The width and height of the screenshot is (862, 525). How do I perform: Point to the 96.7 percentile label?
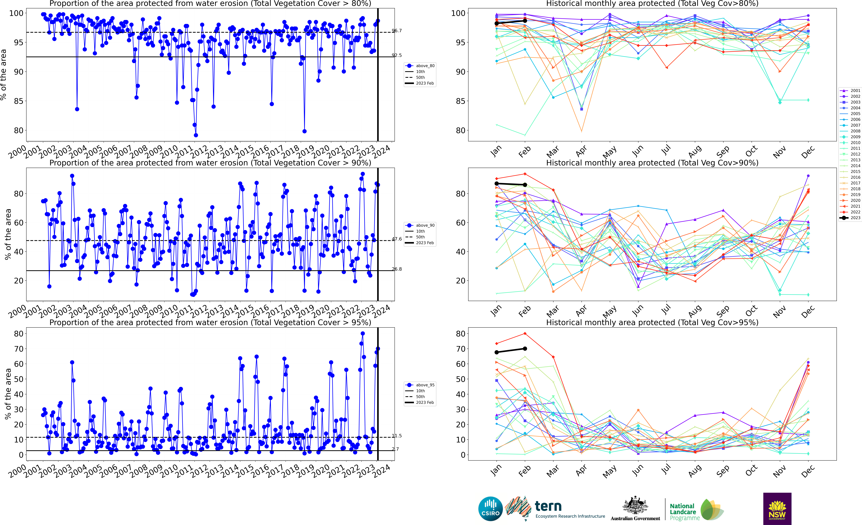tap(397, 31)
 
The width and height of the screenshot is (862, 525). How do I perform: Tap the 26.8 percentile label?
tap(397, 269)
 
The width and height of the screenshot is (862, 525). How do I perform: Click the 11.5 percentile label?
tap(397, 436)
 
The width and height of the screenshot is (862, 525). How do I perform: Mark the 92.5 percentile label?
tap(397, 55)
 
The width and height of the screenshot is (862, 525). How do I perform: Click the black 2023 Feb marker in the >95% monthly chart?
tap(525, 349)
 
